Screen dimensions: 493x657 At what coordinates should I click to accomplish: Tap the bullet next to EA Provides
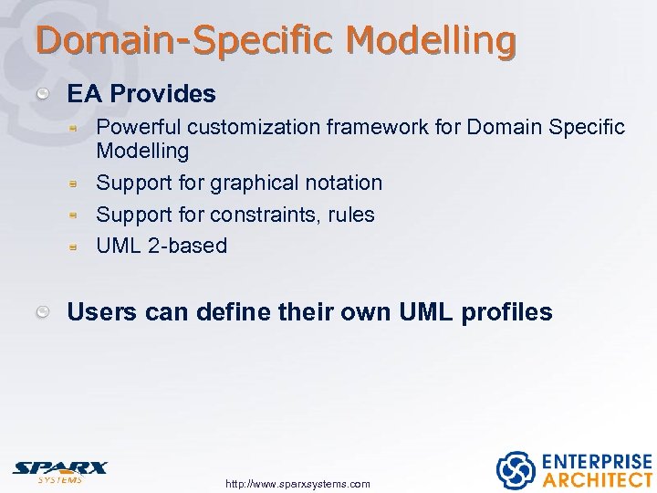43,94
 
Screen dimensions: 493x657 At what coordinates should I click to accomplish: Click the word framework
371,127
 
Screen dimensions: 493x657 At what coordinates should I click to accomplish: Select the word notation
343,183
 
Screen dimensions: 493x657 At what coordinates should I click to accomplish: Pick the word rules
350,215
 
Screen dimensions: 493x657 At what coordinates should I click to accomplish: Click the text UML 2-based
162,246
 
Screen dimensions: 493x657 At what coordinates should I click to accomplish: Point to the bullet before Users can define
43,313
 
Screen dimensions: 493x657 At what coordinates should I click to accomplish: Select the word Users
99,312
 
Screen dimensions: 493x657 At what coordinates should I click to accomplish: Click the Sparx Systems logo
59,470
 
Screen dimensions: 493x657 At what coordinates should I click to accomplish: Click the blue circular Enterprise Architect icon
515,470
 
